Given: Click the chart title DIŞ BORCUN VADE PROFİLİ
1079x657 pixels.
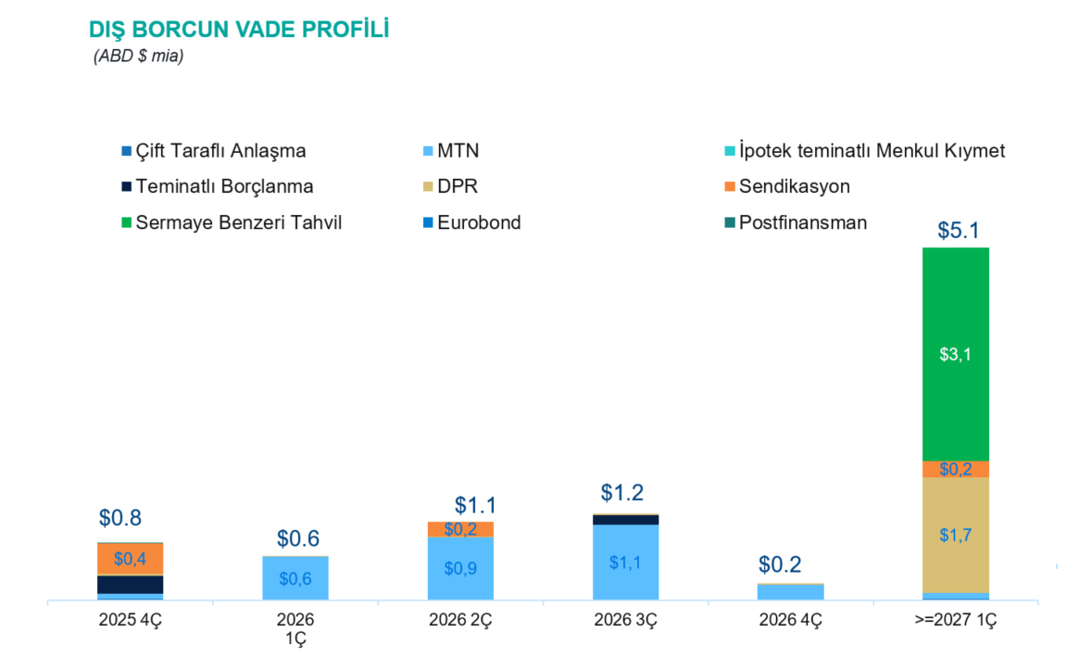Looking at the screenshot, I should coord(238,29).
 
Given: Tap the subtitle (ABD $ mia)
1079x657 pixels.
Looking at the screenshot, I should coord(138,57).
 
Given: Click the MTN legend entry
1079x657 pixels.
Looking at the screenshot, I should coord(458,151).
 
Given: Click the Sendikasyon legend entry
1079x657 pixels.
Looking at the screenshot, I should coord(794,186).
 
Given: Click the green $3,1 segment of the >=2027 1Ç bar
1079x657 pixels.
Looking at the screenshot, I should coord(955,353).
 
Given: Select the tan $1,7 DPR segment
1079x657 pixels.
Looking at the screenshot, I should coord(955,535).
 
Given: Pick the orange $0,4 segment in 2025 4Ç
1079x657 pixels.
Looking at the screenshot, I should coord(130,559).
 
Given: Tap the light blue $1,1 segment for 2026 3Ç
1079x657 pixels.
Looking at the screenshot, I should coord(625,562).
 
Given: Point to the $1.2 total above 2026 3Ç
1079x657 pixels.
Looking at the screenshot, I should coord(621,492).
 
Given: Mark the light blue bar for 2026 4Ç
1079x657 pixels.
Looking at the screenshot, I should coord(790,592).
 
